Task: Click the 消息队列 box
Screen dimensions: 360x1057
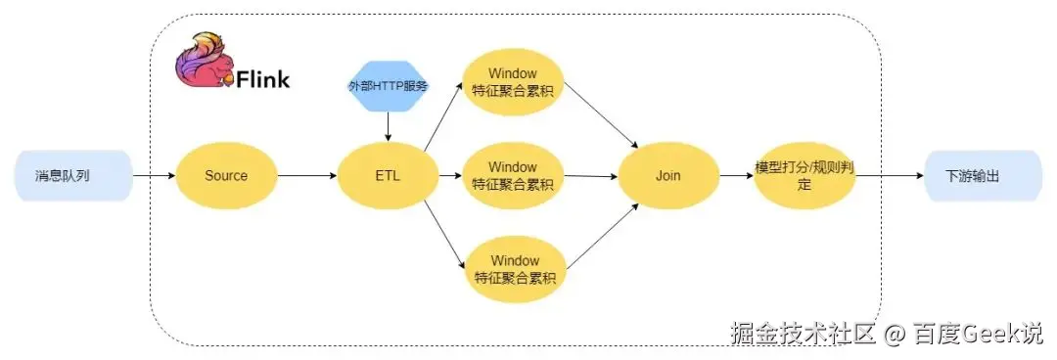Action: click(x=72, y=176)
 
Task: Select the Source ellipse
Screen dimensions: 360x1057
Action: click(x=226, y=176)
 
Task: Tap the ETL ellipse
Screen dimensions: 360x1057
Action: click(x=388, y=176)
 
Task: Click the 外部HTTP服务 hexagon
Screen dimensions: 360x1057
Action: click(x=388, y=86)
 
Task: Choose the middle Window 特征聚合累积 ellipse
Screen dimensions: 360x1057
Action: click(x=514, y=175)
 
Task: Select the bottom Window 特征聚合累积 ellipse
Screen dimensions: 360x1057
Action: click(x=514, y=270)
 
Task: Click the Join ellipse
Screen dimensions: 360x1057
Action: click(x=667, y=176)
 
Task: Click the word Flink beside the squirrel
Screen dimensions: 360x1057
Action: click(x=262, y=79)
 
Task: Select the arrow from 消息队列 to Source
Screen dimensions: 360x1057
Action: click(x=154, y=176)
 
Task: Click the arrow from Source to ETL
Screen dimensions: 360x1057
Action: click(x=306, y=176)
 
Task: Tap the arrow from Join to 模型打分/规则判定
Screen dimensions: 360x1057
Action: click(x=735, y=176)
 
